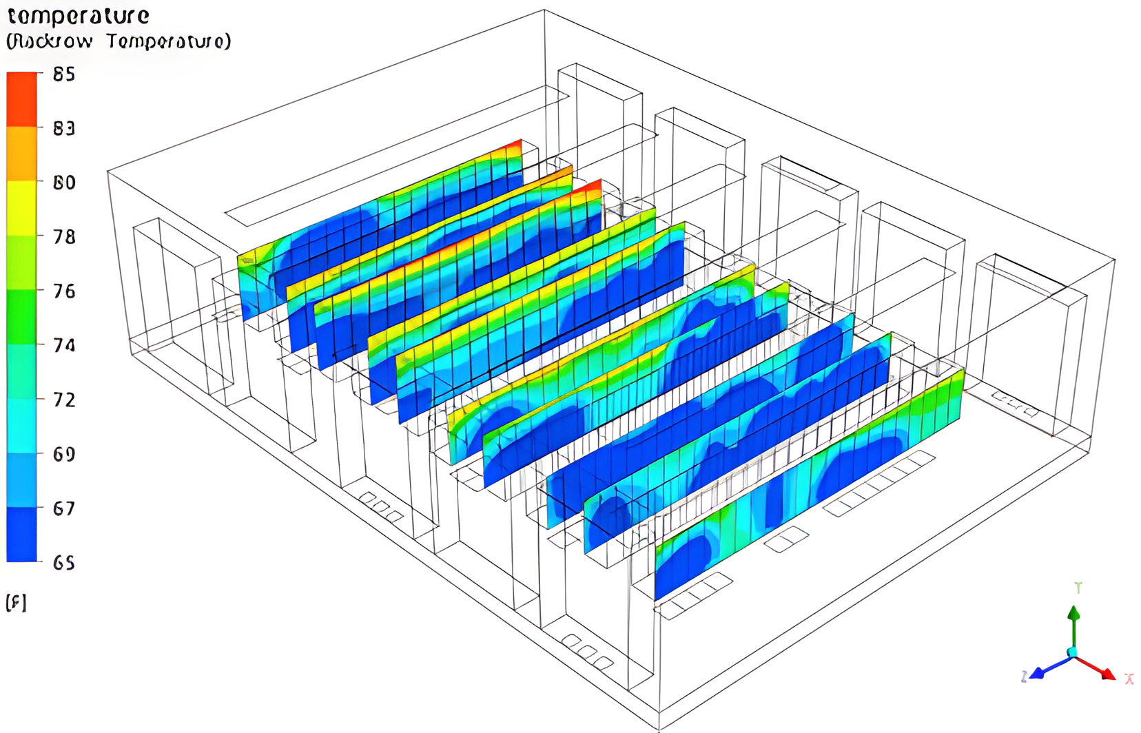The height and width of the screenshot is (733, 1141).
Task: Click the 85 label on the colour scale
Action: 64,74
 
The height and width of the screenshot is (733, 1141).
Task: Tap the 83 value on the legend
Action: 64,128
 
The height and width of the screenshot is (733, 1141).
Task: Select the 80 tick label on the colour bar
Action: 64,183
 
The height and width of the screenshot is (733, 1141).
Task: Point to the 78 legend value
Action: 64,237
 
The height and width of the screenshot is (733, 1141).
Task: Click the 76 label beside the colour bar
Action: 64,291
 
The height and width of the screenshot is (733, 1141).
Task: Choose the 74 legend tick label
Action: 64,345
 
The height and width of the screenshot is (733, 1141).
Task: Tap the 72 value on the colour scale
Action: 64,400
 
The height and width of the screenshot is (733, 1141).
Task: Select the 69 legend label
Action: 64,454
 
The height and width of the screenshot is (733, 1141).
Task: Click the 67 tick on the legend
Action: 64,508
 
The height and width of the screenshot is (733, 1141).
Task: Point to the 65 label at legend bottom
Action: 64,563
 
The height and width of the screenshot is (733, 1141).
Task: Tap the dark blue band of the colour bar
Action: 21,535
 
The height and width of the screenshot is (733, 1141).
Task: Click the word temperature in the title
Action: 79,16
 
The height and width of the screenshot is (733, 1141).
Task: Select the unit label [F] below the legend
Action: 16,603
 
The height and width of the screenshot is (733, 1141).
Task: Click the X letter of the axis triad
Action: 1129,679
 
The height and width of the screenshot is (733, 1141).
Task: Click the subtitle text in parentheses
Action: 119,41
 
